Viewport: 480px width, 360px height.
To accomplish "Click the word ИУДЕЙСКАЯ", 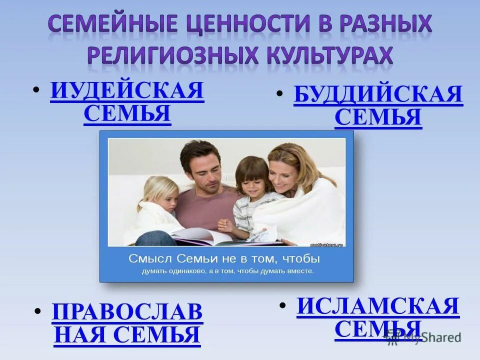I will click(127, 91).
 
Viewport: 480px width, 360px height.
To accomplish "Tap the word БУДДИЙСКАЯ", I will click(378, 95).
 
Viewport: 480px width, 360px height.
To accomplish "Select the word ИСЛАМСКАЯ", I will click(378, 306).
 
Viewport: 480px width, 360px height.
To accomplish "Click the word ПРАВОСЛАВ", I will click(127, 312).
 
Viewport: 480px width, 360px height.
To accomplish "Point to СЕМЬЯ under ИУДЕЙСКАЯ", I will click(127, 114).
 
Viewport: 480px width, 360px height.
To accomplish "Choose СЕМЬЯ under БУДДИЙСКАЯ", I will click(378, 118).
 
